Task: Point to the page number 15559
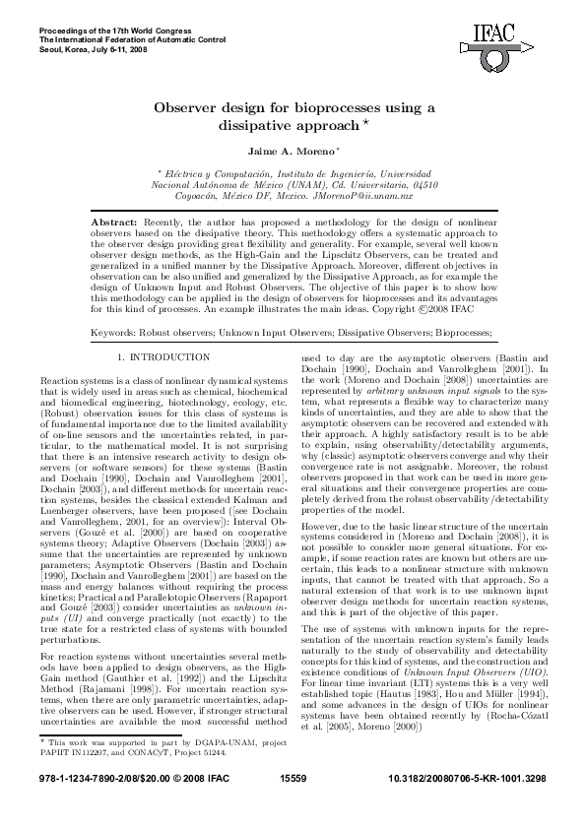293,804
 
